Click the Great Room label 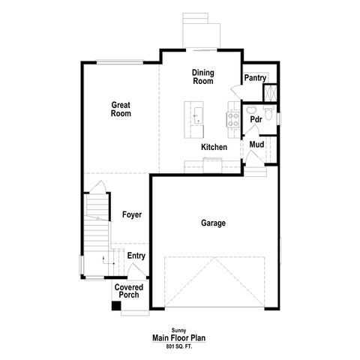click(x=121, y=109)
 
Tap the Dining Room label click(x=202, y=76)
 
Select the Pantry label click(x=256, y=77)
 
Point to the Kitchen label click(x=214, y=147)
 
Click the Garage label click(x=213, y=223)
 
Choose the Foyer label click(x=131, y=215)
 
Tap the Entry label click(x=136, y=256)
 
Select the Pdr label click(x=256, y=119)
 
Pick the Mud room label click(x=256, y=144)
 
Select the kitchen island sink click(x=197, y=115)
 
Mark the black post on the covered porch click(x=115, y=305)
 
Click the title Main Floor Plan click(x=179, y=337)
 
